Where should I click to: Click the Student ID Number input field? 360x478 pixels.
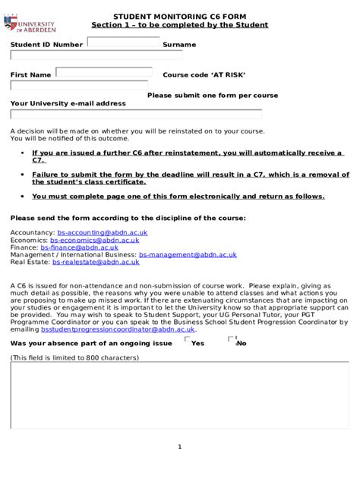123,42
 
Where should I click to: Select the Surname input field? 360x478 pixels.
96,55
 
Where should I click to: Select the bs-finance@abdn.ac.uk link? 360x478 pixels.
80,247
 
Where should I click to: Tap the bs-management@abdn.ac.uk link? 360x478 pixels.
188,255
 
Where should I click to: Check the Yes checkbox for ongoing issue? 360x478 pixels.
188,340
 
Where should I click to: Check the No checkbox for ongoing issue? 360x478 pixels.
232,340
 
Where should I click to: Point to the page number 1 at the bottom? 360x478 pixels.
179,446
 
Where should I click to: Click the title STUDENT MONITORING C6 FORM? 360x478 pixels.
180,16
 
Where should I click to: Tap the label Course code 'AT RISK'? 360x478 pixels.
204,75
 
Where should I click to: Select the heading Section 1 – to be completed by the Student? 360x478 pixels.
180,25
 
